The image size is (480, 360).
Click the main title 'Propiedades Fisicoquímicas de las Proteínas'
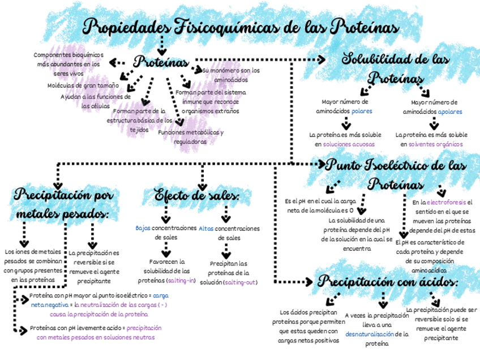pos(241,27)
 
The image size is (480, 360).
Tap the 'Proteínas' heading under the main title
pos(161,62)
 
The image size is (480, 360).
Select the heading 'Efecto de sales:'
pos(197,196)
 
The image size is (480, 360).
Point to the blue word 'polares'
pos(362,112)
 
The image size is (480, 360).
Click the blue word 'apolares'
pos(450,112)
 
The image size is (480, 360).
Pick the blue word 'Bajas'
pos(143,229)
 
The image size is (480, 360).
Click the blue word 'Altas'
pos(206,229)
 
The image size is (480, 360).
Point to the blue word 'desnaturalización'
pos(369,334)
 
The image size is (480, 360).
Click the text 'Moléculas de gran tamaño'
pos(83,85)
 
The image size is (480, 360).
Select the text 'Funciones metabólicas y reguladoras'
pos(191,137)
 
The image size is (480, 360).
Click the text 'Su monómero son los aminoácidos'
pos(230,75)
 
